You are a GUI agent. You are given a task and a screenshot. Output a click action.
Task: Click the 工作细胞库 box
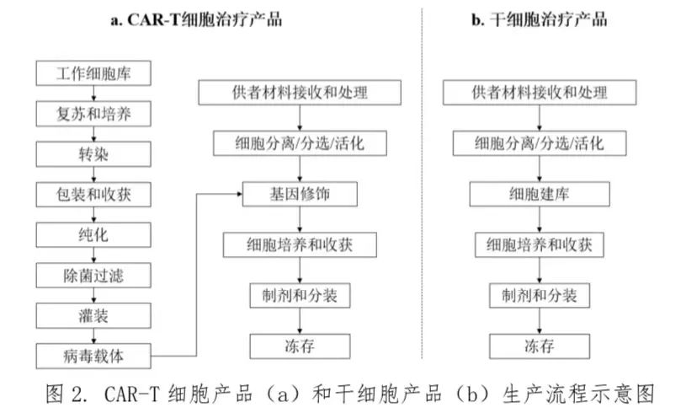[x=93, y=74]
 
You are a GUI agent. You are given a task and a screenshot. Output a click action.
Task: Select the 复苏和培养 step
[x=93, y=113]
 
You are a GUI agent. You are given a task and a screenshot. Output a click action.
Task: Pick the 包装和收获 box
[x=93, y=196]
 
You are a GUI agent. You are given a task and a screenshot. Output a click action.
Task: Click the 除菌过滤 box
[x=93, y=275]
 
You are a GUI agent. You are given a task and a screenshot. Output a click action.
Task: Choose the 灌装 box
[x=93, y=314]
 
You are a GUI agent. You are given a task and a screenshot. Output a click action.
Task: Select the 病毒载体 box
[x=93, y=355]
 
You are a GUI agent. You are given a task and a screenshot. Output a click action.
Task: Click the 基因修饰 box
[x=301, y=195]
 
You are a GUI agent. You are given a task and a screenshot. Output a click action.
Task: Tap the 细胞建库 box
[x=539, y=195]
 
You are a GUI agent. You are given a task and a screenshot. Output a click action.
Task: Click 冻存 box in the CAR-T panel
[x=300, y=346]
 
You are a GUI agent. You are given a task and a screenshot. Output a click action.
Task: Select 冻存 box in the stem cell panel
[x=539, y=346]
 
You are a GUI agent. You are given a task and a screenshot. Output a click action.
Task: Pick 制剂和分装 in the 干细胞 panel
[x=539, y=296]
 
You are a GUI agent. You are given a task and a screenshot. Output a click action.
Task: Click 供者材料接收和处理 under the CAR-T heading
[x=300, y=92]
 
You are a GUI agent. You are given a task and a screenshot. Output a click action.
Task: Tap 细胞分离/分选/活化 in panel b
[x=539, y=142]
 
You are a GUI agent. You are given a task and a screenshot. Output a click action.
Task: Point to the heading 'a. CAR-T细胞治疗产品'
[x=196, y=20]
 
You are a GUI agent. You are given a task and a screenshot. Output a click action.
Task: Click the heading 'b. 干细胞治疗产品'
[x=539, y=20]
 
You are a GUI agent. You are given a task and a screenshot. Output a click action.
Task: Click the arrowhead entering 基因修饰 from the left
[x=239, y=195]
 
